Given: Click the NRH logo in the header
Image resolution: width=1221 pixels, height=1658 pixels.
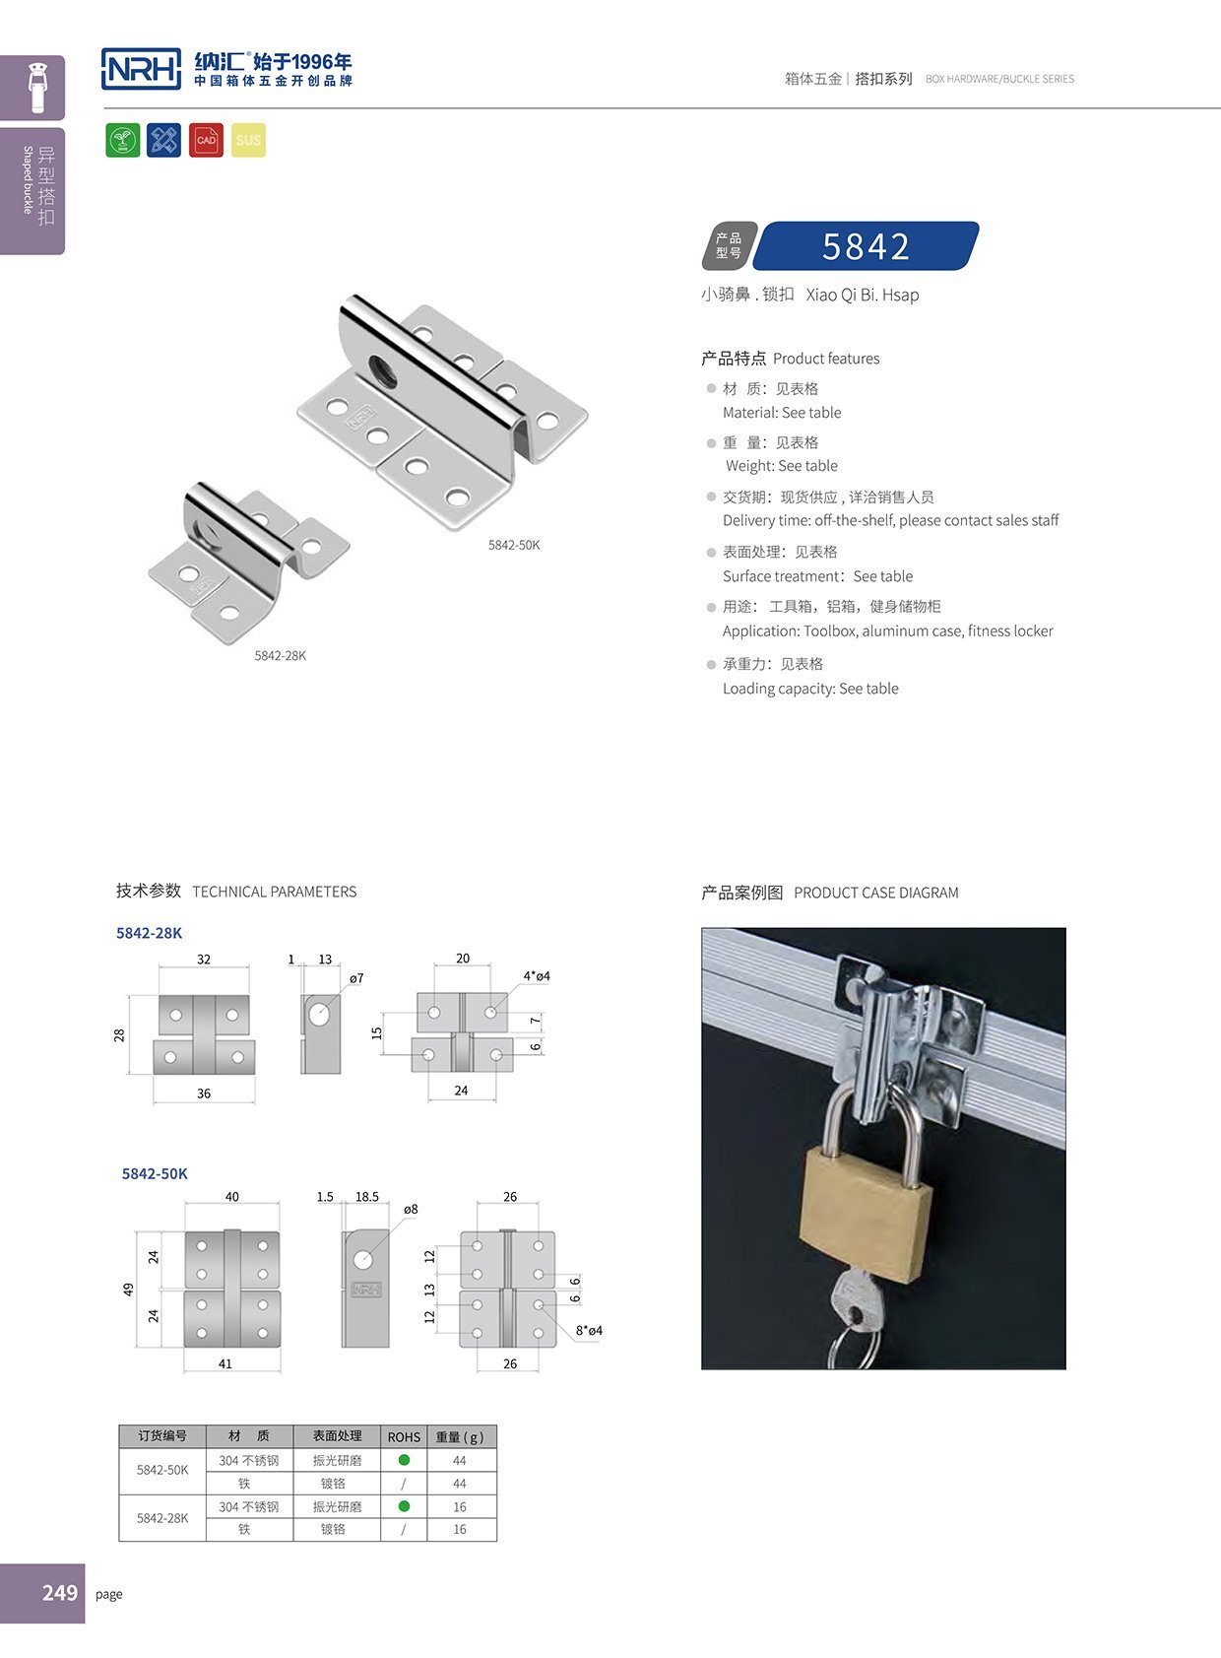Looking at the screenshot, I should coord(141,69).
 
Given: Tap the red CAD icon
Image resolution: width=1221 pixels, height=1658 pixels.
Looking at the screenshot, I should coord(206,140).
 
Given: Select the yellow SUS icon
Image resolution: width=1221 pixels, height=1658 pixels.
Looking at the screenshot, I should coord(248,140).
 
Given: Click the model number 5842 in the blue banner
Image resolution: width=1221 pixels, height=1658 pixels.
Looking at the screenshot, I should coord(866,246).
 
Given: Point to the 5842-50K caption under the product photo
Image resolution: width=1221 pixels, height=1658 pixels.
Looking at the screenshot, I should coord(514,545).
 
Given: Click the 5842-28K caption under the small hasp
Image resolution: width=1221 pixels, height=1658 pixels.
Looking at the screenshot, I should coord(281,655).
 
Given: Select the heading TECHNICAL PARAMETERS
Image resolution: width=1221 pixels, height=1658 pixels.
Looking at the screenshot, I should coord(274,892).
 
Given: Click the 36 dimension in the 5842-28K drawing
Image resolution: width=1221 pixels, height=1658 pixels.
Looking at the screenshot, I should coord(204,1094).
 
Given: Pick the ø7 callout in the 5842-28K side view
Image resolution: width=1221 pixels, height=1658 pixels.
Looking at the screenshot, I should coord(356,978).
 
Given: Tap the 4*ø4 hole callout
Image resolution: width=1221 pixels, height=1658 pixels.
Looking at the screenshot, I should coord(537,976).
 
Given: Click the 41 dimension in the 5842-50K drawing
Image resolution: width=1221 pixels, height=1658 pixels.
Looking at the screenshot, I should coord(225,1363).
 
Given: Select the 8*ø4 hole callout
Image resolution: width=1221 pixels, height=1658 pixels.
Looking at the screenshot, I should coord(589,1330).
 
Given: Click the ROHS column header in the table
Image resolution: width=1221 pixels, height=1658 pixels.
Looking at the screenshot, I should coord(404,1436).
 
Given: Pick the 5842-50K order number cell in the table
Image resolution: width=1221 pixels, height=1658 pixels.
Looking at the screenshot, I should coord(162,1470).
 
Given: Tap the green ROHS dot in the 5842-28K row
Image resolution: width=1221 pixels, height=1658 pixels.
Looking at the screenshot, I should coord(404,1506).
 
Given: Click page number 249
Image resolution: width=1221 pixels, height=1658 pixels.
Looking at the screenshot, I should coord(59,1593).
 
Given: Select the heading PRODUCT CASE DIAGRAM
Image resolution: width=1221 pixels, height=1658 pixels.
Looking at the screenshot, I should coord(875,893).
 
